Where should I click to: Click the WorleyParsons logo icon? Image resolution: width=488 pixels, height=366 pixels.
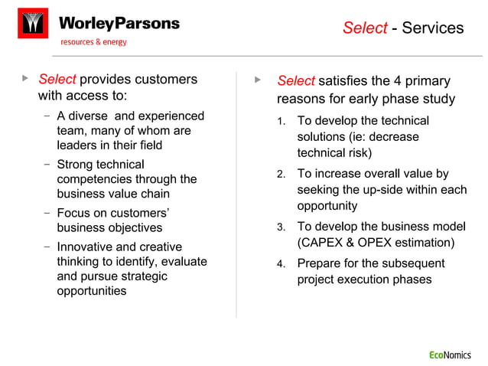[32, 23]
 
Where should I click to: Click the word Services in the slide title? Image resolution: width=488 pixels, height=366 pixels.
[433, 28]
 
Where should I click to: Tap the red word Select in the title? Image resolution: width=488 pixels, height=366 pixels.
[365, 28]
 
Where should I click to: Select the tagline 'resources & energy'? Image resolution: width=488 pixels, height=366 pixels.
[94, 42]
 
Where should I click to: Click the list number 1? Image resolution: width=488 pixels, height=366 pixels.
[281, 122]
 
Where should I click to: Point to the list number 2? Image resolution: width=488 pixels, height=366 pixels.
[281, 175]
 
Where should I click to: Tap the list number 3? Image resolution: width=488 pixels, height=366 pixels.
[281, 227]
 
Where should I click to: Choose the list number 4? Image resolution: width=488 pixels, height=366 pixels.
[281, 264]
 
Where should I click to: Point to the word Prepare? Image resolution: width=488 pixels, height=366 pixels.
[319, 263]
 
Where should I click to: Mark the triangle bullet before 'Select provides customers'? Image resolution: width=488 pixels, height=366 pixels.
[25, 78]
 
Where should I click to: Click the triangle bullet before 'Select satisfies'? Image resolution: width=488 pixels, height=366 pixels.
[258, 79]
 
